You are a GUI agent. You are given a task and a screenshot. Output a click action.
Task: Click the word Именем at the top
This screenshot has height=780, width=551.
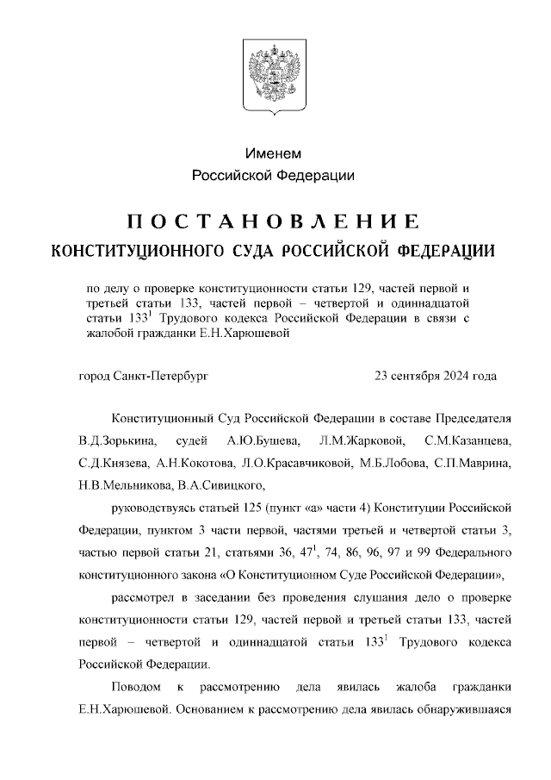click(x=274, y=153)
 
